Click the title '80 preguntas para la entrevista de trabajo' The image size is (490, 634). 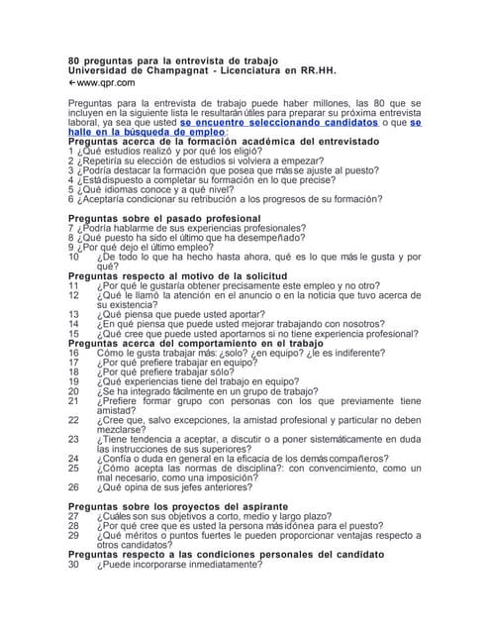pos(172,61)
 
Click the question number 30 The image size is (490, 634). pos(73,565)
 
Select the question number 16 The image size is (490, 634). pos(73,353)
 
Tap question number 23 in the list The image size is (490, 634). pos(73,439)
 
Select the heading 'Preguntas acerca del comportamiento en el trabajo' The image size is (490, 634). pos(208,343)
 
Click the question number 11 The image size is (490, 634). pos(73,285)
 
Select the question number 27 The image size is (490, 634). pos(73,516)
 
